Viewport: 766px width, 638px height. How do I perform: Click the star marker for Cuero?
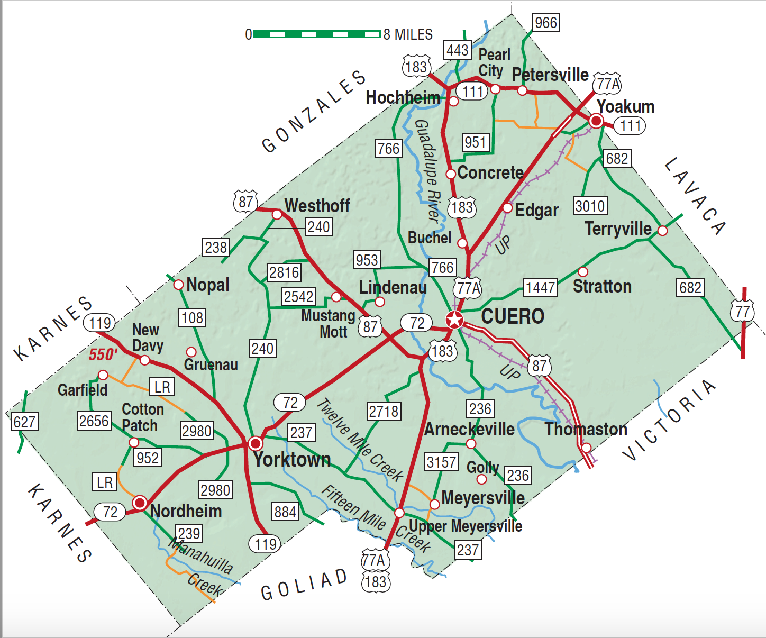click(454, 320)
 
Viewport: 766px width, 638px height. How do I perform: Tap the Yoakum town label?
click(625, 106)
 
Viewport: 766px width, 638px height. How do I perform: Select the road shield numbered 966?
click(545, 23)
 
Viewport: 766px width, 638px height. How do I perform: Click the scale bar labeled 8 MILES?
click(316, 34)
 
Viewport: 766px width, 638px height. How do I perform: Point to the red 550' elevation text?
click(103, 354)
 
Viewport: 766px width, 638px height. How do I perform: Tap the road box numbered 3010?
click(590, 206)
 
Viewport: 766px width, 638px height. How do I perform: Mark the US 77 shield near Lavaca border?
click(743, 312)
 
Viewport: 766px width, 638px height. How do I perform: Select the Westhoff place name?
click(317, 205)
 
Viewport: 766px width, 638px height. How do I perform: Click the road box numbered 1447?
click(540, 288)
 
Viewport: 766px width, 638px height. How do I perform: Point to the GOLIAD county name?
click(304, 585)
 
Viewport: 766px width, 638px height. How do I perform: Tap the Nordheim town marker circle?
click(140, 503)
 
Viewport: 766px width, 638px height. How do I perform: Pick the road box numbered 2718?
click(384, 411)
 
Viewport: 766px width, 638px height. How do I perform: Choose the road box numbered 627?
click(24, 422)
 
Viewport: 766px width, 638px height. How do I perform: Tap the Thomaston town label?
click(586, 429)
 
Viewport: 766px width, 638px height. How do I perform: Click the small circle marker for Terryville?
click(662, 230)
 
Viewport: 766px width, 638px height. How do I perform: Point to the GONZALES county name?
click(314, 112)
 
